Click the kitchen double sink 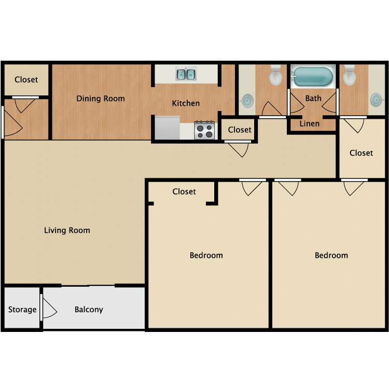coord(186,74)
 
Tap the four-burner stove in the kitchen coord(204,130)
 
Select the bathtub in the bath coord(313,76)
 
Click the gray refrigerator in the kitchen coord(167,128)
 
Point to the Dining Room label coord(101,99)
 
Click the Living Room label coord(67,230)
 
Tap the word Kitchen coord(186,103)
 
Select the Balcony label coord(89,310)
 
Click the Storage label coord(22,310)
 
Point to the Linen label coord(309,123)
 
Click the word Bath coord(313,98)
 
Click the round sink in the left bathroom coord(247,101)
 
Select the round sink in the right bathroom coord(377,100)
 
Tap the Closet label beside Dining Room coord(26,80)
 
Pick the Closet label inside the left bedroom coord(184,191)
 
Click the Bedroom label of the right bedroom coord(331,255)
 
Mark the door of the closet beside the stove coord(238,142)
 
